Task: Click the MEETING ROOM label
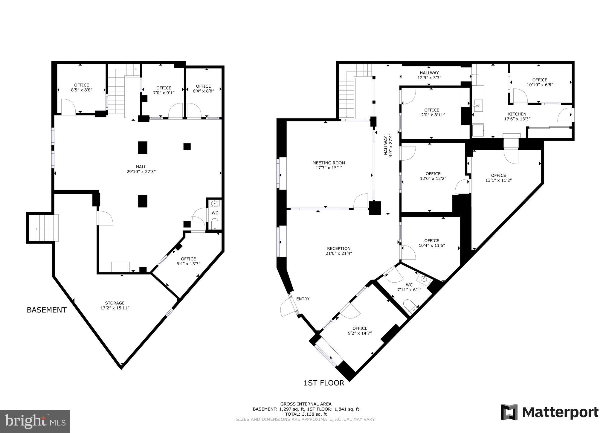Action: [x=329, y=163]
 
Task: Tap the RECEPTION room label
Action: [x=338, y=248]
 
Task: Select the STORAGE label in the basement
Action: [x=115, y=303]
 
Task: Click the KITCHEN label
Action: [x=517, y=114]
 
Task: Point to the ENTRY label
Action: [x=303, y=299]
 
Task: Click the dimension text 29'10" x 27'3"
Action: [x=141, y=172]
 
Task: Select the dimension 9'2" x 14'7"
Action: [x=360, y=333]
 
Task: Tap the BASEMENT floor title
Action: [x=47, y=310]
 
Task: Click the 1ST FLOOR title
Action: [x=324, y=383]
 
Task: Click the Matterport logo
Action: [x=550, y=413]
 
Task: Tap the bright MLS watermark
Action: [x=35, y=421]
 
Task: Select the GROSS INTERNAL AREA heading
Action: [x=306, y=404]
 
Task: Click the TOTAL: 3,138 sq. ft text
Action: [x=306, y=414]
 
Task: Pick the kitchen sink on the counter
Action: [x=478, y=105]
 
